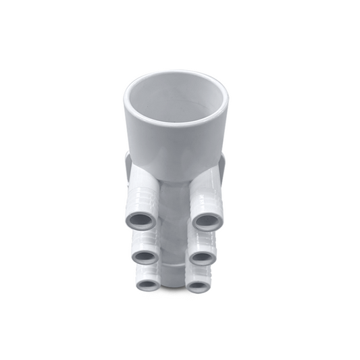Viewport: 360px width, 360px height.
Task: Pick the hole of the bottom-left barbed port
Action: pos(148,285)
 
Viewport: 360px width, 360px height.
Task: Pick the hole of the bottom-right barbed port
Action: pos(198,286)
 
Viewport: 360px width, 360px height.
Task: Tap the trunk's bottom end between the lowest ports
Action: pos(174,280)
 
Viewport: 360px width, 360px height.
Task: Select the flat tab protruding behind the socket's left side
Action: pos(128,165)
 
